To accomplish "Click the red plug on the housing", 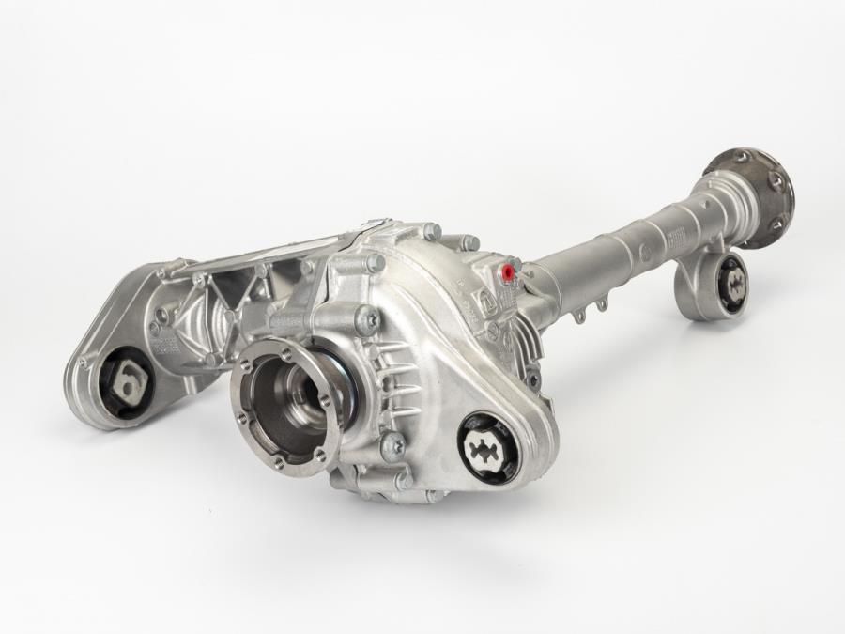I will [x=509, y=273].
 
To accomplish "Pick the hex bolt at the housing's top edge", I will [x=431, y=230].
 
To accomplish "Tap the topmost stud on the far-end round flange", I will [x=742, y=156].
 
